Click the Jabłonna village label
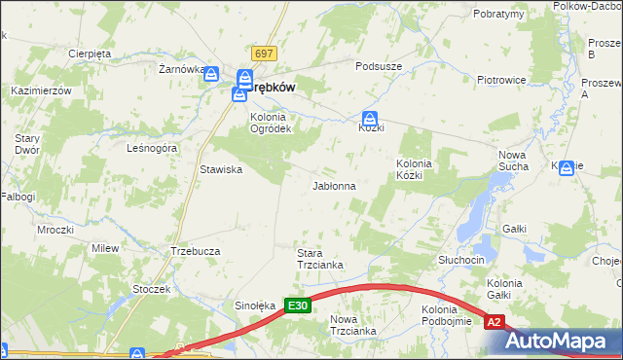[333, 185]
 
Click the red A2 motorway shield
[495, 322]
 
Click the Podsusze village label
[379, 66]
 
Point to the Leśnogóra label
[152, 148]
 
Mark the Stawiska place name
[221, 169]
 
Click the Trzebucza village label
[195, 250]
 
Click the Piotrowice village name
[501, 80]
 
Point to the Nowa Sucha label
[513, 161]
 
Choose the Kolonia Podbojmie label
[447, 315]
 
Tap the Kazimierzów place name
[42, 90]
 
